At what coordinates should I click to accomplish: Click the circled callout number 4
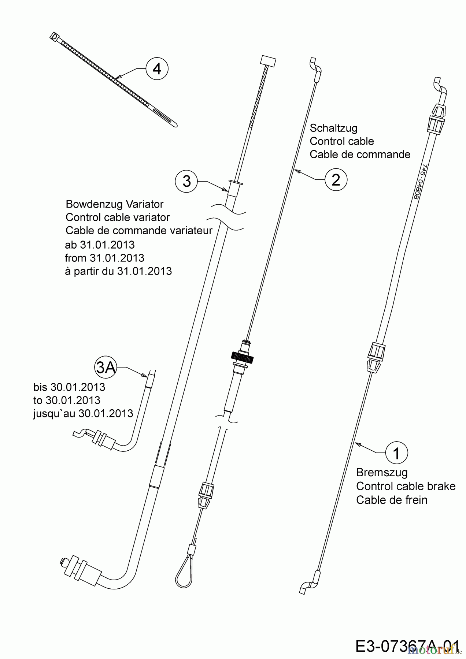tap(157, 68)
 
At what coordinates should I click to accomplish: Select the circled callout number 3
tap(186, 181)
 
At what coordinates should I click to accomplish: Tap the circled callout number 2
tap(336, 179)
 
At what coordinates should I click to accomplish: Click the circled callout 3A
tap(106, 367)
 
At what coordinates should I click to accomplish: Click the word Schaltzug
tap(333, 128)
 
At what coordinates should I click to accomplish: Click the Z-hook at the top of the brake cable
tap(440, 86)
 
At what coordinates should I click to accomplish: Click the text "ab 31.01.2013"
tap(100, 245)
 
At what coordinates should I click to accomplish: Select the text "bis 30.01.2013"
tap(69, 387)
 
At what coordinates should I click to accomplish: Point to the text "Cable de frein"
tap(392, 500)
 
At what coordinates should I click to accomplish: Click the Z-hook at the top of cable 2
tap(315, 66)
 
